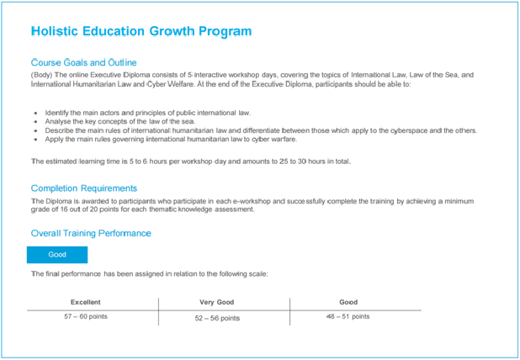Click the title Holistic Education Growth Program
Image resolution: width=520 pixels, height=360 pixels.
point(141,32)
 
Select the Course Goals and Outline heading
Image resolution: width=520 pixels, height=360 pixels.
point(83,63)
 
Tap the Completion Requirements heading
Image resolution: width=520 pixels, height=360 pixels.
point(83,188)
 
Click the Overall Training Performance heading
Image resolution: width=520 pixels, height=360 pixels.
point(91,233)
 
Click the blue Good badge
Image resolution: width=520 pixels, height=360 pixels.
point(57,255)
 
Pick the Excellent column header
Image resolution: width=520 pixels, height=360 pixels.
point(86,302)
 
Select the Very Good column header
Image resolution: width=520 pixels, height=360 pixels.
point(217,302)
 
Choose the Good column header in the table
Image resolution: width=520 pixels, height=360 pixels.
point(348,302)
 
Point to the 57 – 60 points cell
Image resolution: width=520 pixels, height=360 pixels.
point(86,317)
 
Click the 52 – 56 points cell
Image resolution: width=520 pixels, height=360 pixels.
point(217,318)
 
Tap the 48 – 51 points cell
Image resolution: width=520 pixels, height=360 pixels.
point(348,317)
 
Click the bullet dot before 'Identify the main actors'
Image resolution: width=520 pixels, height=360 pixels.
point(35,113)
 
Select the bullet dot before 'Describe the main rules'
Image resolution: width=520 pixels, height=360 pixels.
point(35,130)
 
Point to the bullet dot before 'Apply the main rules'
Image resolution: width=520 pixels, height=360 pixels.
point(35,140)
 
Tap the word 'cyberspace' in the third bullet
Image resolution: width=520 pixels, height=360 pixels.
point(412,130)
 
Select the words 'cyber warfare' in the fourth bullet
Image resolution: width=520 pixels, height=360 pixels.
point(257,140)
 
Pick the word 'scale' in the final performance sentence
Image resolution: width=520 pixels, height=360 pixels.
point(257,274)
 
